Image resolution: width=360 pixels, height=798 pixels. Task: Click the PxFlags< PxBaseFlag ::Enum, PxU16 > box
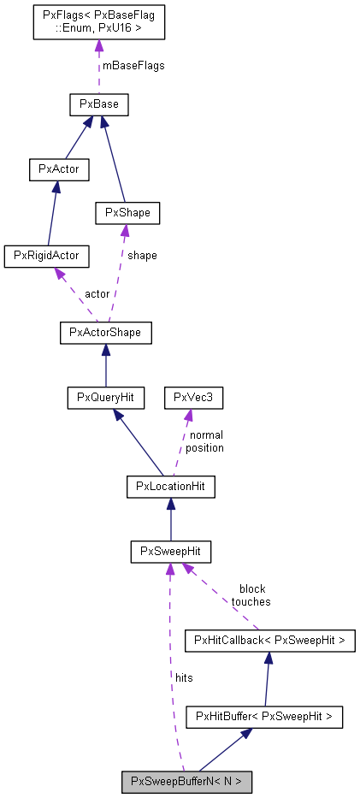[98, 22]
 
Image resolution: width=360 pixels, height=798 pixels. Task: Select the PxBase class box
[98, 105]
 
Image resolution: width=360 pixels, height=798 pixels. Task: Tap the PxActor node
[58, 168]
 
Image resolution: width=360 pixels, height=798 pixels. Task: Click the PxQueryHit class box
[106, 397]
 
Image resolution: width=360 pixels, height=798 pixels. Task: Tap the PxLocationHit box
[170, 487]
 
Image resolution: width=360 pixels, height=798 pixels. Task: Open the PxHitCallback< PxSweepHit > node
[270, 639]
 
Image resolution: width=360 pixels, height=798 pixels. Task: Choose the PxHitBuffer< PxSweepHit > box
[264, 716]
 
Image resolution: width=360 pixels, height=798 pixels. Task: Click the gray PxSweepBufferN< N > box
[186, 781]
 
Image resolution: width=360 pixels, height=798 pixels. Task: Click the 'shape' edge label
[141, 255]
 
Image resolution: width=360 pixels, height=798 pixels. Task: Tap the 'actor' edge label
[97, 293]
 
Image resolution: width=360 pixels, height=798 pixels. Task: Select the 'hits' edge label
[183, 677]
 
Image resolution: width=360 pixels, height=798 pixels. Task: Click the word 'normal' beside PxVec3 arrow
[205, 434]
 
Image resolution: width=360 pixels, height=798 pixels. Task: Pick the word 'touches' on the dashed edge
[251, 601]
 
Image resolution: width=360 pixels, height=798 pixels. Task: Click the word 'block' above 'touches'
[251, 588]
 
